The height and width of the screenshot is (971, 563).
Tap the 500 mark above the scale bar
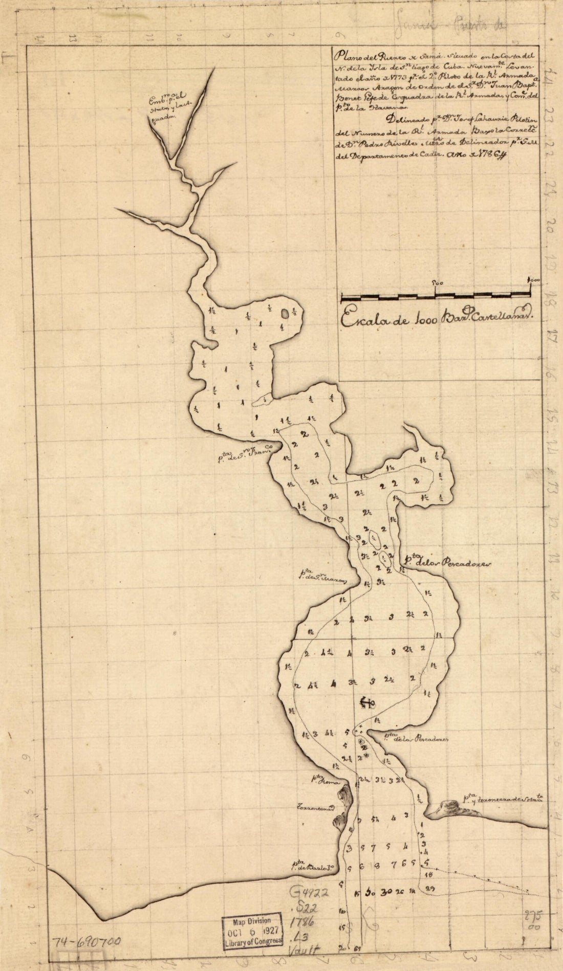click(437, 281)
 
